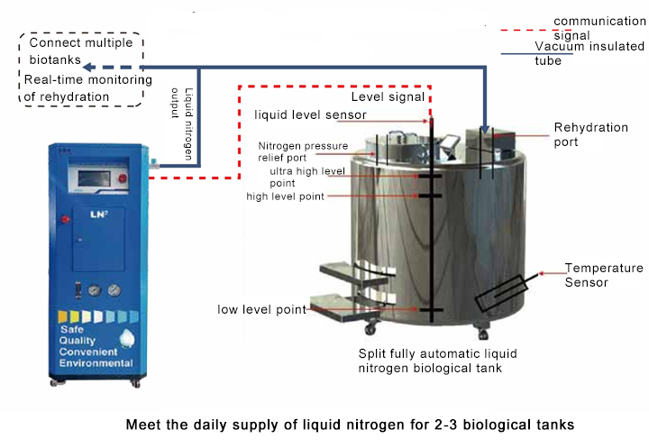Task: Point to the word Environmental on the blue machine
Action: click(x=96, y=362)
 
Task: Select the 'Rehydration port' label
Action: click(x=590, y=134)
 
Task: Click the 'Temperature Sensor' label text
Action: click(x=604, y=275)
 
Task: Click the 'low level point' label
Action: click(x=261, y=309)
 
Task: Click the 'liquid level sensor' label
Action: click(x=310, y=114)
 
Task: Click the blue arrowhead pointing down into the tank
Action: click(x=486, y=130)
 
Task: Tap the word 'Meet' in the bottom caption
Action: click(x=142, y=423)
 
